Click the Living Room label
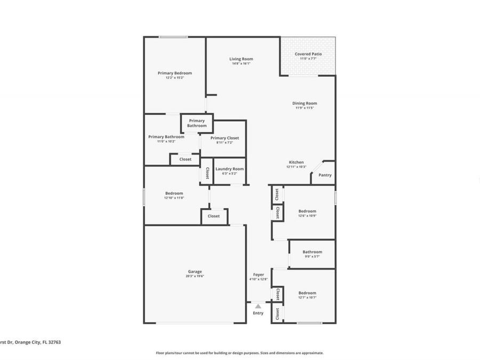pyautogui.click(x=241, y=59)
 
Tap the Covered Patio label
pyautogui.click(x=308, y=54)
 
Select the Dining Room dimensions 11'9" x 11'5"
pyautogui.click(x=305, y=108)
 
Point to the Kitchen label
pyautogui.click(x=297, y=162)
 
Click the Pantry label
pyautogui.click(x=325, y=175)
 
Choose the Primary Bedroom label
pyautogui.click(x=174, y=73)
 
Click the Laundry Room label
pyautogui.click(x=229, y=169)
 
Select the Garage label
pyautogui.click(x=195, y=271)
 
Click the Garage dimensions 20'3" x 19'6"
pyautogui.click(x=195, y=276)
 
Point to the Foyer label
pyautogui.click(x=258, y=275)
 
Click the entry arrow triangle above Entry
pyautogui.click(x=258, y=306)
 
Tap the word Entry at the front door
pyautogui.click(x=258, y=313)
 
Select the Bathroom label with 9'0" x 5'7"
pyautogui.click(x=312, y=252)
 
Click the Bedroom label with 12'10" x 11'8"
pyautogui.click(x=174, y=193)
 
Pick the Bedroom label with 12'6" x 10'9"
pyautogui.click(x=307, y=211)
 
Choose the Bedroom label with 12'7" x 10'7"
pyautogui.click(x=307, y=293)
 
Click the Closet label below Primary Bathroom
pyautogui.click(x=185, y=159)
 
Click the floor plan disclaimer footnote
pyautogui.click(x=239, y=353)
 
